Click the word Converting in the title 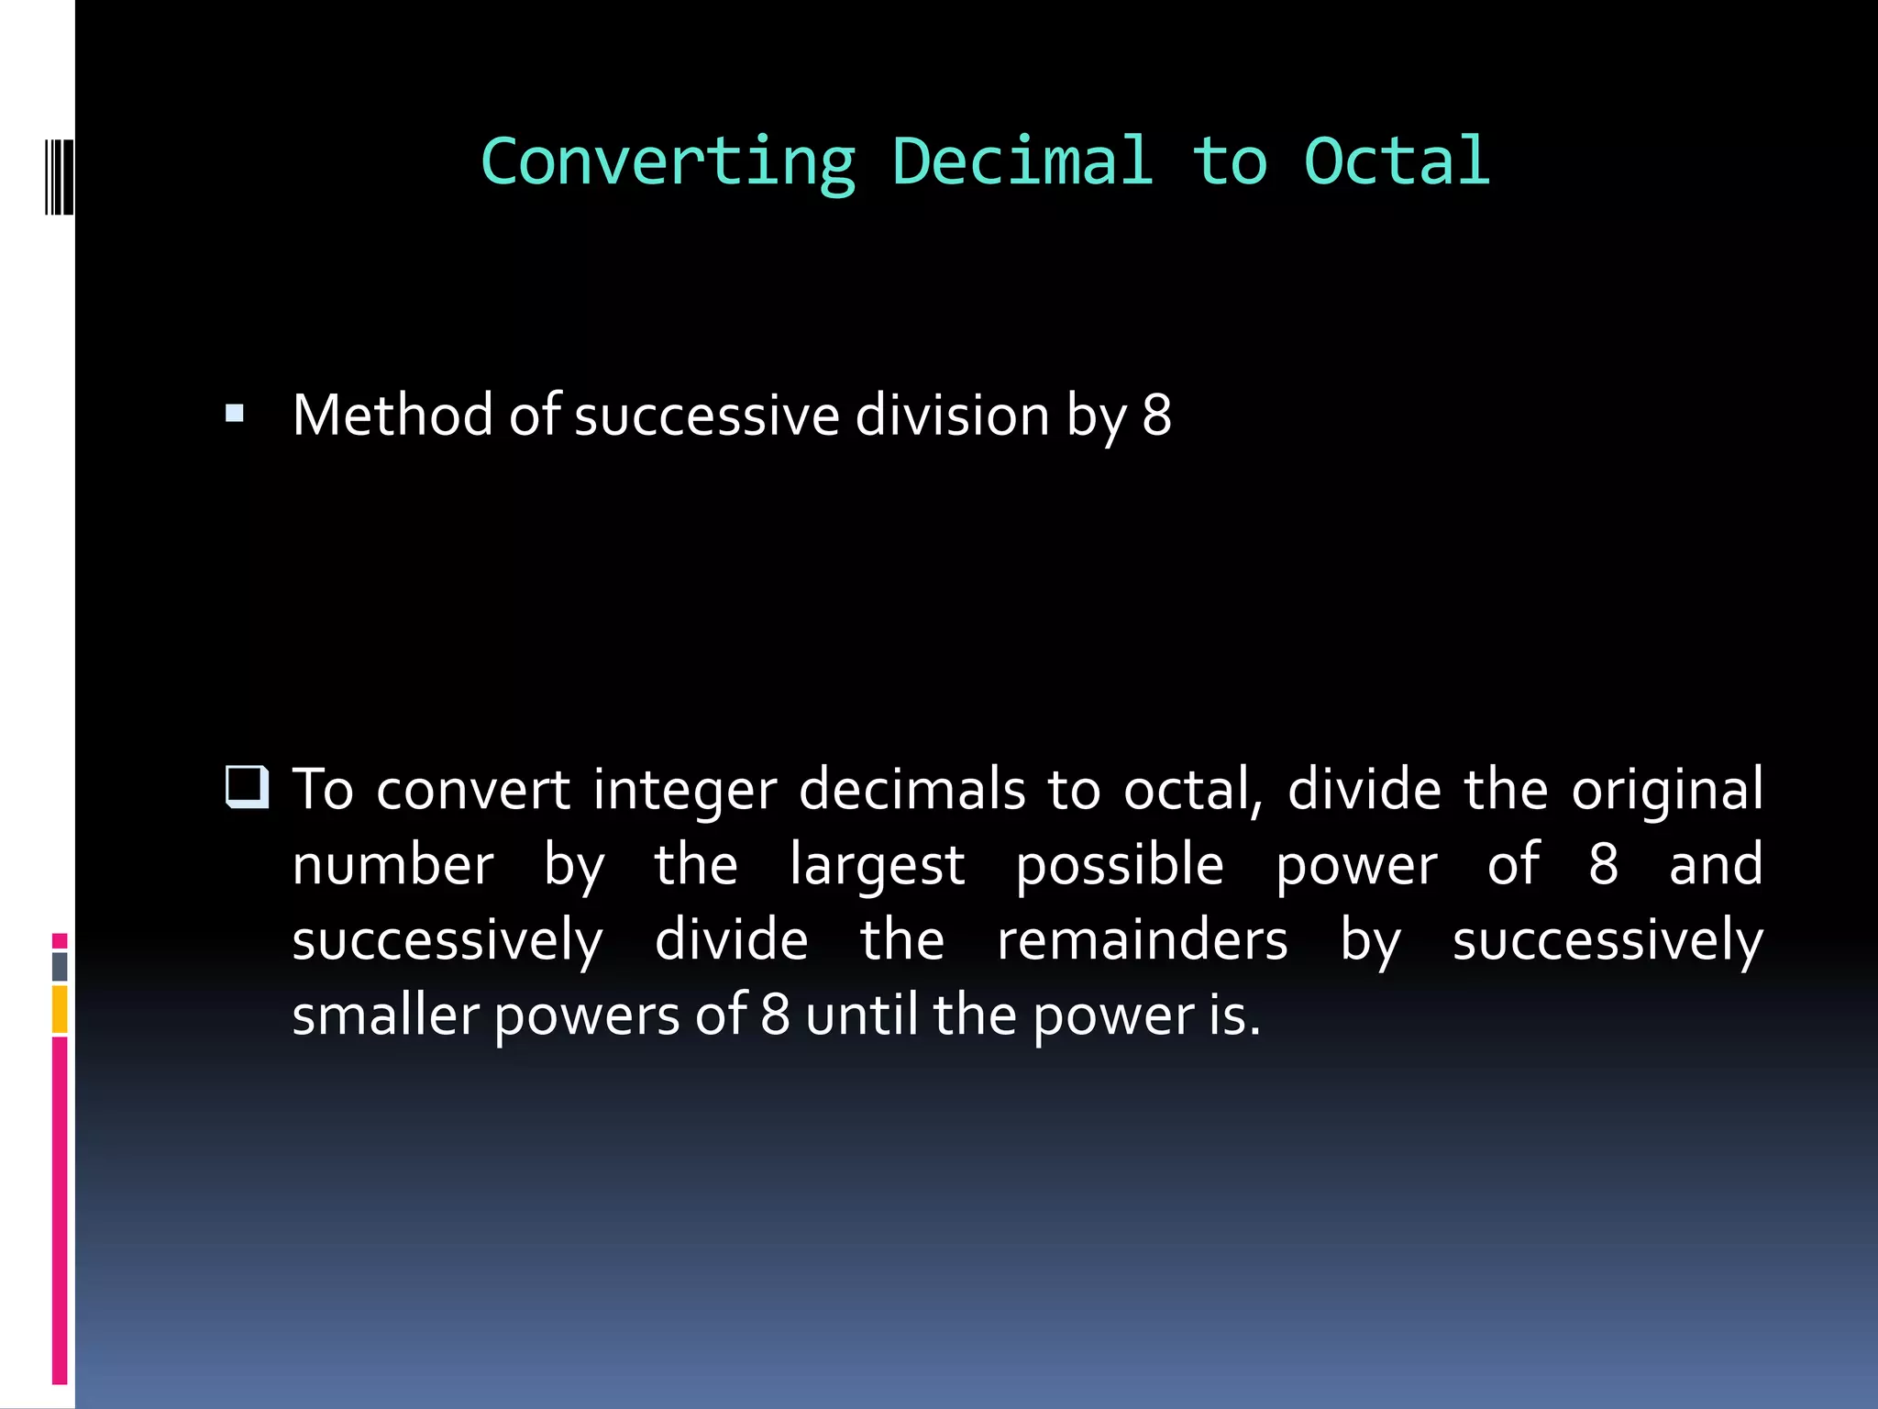[668, 162]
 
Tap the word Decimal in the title [1022, 162]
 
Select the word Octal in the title [1397, 162]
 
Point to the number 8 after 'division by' [1156, 415]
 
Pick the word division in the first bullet [952, 415]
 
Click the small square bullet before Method [235, 414]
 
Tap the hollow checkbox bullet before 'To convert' [247, 788]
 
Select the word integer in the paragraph [684, 790]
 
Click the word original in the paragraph [1666, 790]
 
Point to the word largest [877, 865]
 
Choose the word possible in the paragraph [1119, 865]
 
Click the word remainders [1142, 940]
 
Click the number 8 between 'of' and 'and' [1603, 865]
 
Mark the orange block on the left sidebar [60, 1009]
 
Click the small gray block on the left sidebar [60, 966]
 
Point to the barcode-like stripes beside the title [59, 177]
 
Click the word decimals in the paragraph [911, 790]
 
